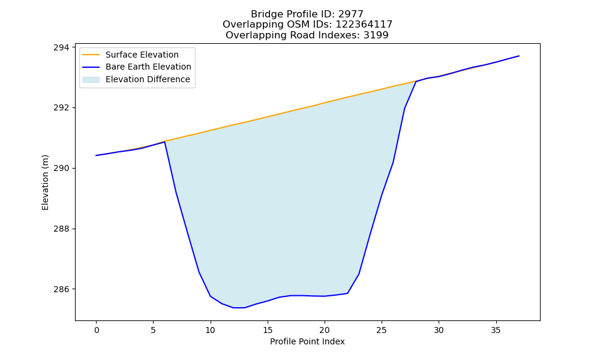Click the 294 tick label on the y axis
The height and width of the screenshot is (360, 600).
(62, 47)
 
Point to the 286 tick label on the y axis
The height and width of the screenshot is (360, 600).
(62, 289)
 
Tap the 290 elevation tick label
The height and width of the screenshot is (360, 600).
(62, 169)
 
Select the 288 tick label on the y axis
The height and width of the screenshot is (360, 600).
(62, 229)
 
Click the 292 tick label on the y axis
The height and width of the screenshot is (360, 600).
(62, 108)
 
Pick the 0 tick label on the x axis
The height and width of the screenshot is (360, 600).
(96, 330)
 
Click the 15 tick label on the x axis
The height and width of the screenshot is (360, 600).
(268, 330)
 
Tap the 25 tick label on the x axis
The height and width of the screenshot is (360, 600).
(382, 330)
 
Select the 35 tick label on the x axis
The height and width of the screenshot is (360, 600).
(496, 330)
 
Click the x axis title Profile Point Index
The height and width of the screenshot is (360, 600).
(307, 341)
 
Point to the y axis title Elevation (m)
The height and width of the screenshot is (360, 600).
(45, 182)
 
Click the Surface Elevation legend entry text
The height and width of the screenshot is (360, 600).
(142, 55)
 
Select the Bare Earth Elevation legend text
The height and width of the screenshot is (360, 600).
(148, 67)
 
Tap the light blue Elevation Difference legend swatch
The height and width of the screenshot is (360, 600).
(91, 79)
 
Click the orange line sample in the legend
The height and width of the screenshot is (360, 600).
(91, 55)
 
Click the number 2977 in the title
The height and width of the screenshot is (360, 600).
(351, 14)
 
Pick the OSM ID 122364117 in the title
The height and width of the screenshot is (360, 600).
(364, 25)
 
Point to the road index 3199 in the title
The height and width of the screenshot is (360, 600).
(376, 35)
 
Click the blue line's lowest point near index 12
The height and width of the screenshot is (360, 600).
(239, 308)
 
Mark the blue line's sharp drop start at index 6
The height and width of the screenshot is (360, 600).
(164, 142)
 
